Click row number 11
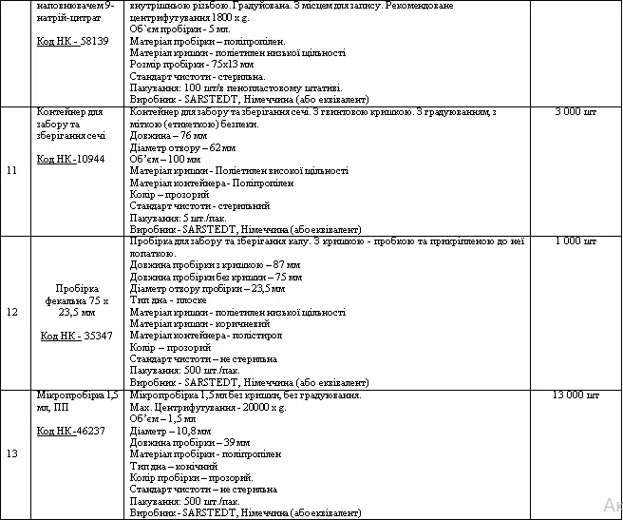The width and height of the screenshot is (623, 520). pos(12,171)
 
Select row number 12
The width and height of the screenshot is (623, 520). pos(12,312)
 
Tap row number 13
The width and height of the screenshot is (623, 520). pos(12,453)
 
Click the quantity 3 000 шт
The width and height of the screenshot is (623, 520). pos(576,112)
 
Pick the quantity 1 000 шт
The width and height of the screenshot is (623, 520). pos(576,241)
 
